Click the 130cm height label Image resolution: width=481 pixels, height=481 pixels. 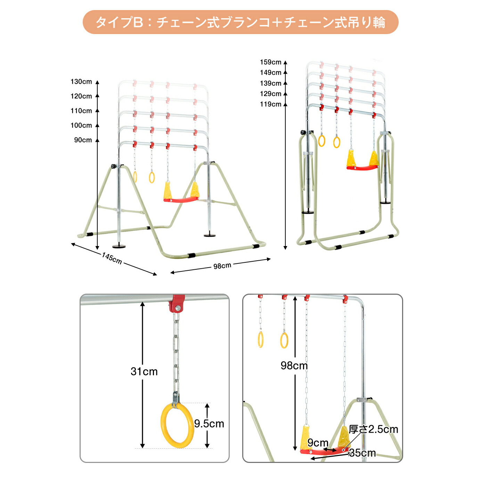(81, 82)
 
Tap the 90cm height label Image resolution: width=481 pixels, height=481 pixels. (83, 140)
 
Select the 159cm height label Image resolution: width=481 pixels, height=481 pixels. (271, 62)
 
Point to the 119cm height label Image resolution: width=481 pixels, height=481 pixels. (271, 104)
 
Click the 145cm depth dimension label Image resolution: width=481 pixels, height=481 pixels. (112, 258)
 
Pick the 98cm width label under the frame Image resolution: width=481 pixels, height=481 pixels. (222, 266)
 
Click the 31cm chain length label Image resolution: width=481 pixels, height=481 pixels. (144, 372)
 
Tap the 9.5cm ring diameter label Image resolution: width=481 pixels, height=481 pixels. (209, 424)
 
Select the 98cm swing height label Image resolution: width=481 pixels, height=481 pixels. (294, 366)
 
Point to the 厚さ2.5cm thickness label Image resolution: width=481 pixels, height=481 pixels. (373, 429)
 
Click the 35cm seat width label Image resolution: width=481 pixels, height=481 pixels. (362, 453)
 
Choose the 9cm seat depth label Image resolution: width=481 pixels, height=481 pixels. (318, 443)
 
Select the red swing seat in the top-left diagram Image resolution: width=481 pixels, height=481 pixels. (181, 200)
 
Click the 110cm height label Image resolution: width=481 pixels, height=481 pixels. (81, 111)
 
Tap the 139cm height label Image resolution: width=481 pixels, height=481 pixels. (271, 83)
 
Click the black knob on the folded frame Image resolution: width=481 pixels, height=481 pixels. (303, 132)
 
